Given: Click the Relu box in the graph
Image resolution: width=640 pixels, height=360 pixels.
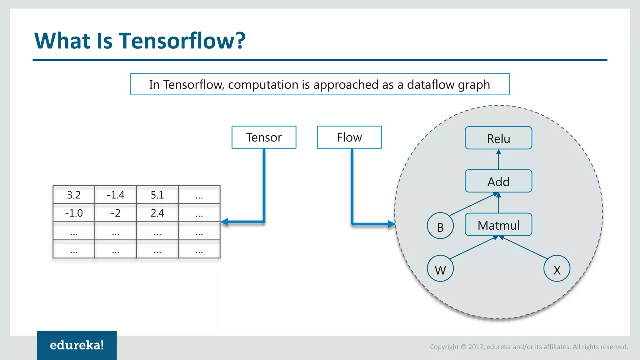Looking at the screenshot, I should click(498, 138).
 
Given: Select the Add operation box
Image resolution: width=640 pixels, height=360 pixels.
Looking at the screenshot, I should click(498, 181).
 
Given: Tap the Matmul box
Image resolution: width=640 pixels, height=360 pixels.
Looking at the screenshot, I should click(498, 225).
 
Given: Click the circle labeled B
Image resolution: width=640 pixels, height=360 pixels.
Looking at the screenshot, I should click(440, 226).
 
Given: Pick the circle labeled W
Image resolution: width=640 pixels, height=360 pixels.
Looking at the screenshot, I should click(440, 269).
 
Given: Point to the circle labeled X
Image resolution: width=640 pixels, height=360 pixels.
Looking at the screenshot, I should click(557, 269).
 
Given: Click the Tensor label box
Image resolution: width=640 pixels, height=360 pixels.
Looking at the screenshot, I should click(264, 137).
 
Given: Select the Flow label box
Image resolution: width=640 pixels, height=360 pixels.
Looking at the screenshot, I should click(349, 137).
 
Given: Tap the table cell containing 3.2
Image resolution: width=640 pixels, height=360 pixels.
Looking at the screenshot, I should click(74, 195).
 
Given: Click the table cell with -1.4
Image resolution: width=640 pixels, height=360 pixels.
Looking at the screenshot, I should click(116, 195).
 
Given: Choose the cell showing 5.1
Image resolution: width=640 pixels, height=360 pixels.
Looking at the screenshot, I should click(157, 195).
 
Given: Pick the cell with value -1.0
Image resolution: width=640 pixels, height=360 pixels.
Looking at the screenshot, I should click(74, 213).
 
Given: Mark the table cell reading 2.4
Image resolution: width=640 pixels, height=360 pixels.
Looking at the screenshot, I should click(157, 213).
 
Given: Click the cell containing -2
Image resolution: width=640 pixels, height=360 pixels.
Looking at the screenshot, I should click(116, 213).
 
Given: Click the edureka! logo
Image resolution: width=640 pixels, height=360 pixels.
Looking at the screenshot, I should click(77, 345).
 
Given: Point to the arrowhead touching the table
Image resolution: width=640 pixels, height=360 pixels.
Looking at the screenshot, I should click(224, 222).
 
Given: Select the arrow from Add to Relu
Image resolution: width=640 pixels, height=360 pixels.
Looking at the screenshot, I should click(498, 160).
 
